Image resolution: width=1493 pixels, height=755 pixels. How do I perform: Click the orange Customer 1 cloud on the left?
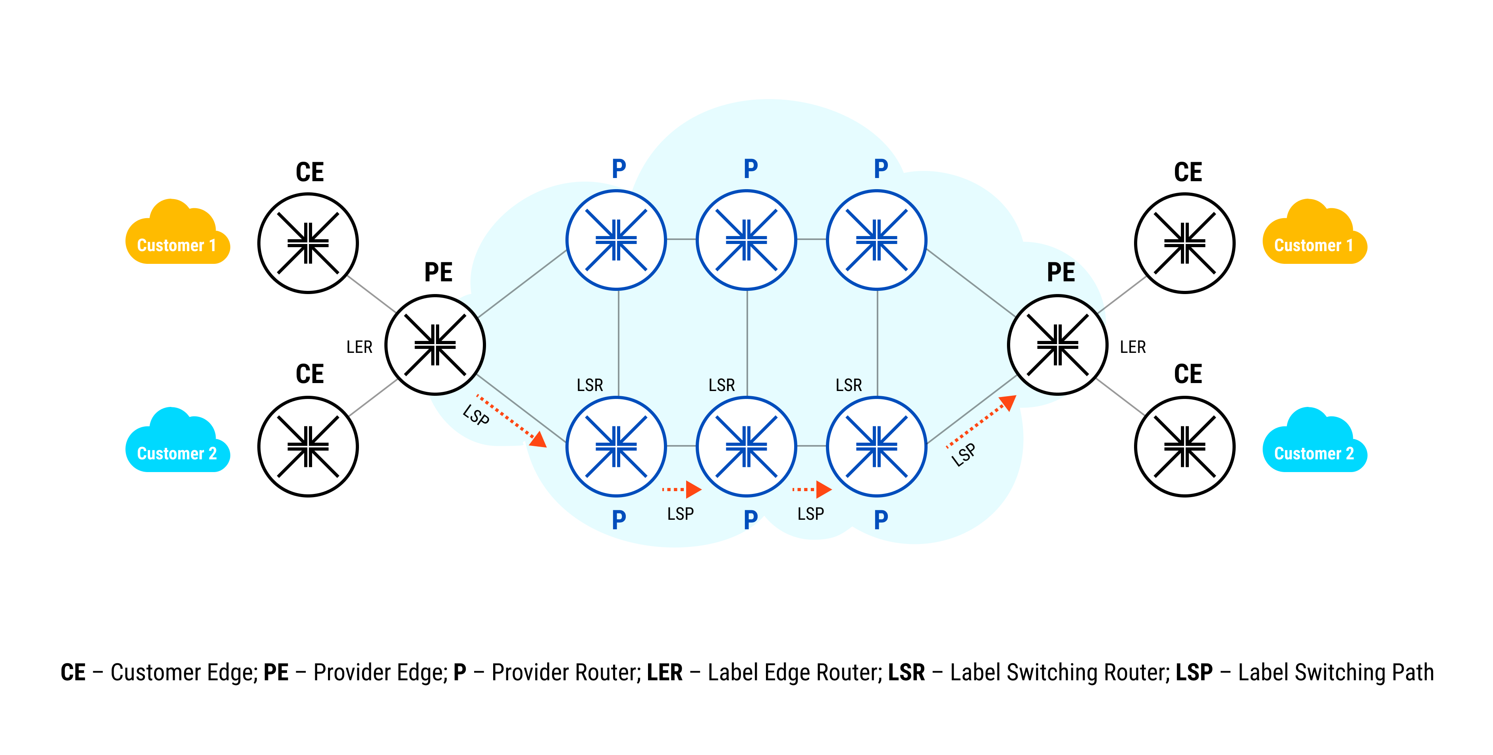click(x=177, y=235)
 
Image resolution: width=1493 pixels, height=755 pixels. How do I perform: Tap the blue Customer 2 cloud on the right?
click(x=1314, y=443)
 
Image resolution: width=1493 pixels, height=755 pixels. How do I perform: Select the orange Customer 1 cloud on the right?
click(x=1314, y=235)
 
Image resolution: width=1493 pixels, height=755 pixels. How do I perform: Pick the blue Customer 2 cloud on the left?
click(x=177, y=443)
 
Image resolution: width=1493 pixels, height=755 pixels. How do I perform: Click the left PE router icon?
click(x=435, y=345)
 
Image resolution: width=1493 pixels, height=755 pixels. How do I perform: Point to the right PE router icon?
click(x=1058, y=345)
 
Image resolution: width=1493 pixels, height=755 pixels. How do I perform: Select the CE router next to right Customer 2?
click(x=1184, y=447)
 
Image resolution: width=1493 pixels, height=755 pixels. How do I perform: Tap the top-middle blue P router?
click(x=746, y=240)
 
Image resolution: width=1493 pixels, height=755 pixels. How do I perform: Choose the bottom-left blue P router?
click(x=616, y=447)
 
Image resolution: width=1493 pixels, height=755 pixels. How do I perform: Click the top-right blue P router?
click(x=877, y=240)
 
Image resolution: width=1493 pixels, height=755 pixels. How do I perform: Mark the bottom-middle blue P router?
click(x=746, y=447)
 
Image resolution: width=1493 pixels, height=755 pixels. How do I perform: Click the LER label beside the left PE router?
click(x=359, y=347)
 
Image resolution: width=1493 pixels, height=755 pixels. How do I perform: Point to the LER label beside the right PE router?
click(x=1132, y=347)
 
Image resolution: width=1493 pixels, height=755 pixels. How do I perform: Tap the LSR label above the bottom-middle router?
click(x=721, y=385)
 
